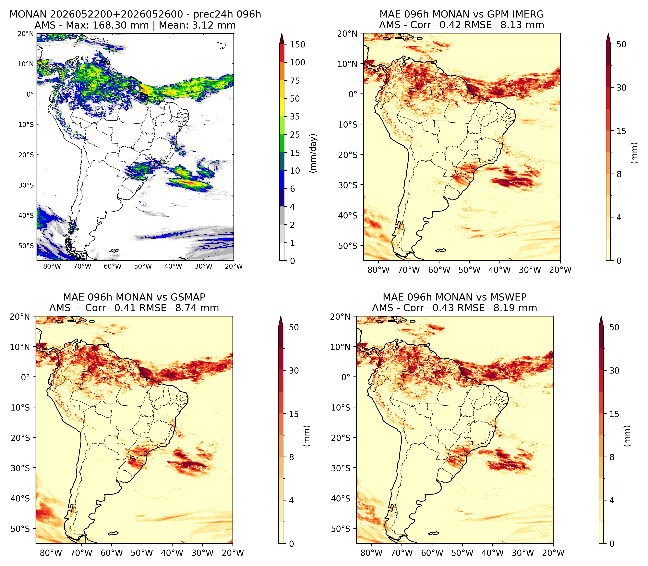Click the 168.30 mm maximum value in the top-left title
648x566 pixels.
point(121,25)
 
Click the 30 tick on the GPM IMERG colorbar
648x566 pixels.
point(621,88)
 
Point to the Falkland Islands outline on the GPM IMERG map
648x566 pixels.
point(441,250)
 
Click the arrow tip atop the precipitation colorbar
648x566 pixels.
point(282,34)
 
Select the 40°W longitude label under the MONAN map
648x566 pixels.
point(173,266)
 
